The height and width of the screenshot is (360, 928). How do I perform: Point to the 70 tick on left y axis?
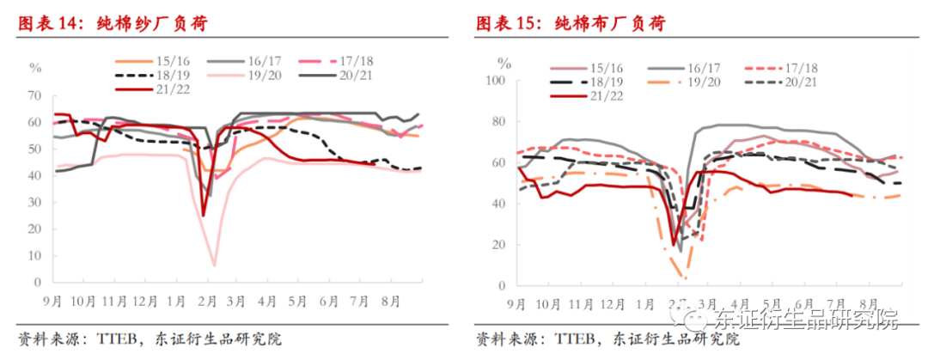35,95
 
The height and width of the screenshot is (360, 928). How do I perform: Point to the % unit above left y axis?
35,66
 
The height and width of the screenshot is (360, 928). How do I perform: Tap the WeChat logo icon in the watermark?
697,320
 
